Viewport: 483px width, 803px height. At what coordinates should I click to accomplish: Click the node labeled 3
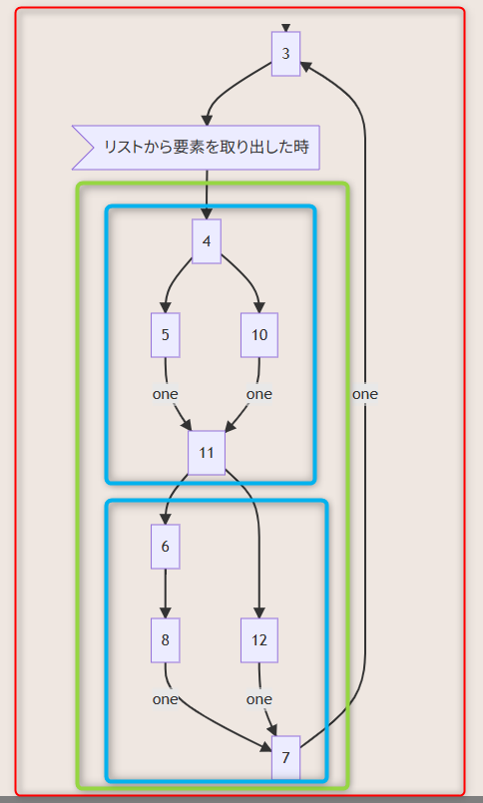pos(285,54)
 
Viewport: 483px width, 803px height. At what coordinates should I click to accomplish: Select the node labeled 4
pos(207,241)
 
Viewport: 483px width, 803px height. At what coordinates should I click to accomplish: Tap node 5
pos(165,335)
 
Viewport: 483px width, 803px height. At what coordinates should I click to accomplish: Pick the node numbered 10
pos(259,335)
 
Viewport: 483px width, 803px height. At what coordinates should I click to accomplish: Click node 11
pos(207,453)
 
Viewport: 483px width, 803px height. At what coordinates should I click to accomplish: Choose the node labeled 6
pos(165,547)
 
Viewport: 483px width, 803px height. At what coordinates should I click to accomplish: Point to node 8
pos(165,640)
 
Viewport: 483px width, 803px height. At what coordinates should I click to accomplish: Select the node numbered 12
pos(259,640)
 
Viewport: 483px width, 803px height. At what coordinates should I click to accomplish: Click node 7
pos(285,758)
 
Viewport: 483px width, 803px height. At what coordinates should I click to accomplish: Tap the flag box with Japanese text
pos(197,148)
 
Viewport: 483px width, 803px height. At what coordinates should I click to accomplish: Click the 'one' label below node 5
pos(165,394)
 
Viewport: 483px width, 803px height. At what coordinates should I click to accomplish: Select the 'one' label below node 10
pos(259,394)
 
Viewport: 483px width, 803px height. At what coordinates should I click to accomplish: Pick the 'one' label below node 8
pos(165,699)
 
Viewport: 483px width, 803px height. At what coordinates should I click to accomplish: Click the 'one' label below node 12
pos(259,699)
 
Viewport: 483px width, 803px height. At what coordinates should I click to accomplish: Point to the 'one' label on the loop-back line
pos(364,394)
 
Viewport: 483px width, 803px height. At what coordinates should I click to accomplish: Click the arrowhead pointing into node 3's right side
pos(305,66)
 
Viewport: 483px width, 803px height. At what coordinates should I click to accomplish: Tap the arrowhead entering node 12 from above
pos(259,613)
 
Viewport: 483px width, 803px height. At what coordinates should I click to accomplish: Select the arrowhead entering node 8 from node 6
pos(165,613)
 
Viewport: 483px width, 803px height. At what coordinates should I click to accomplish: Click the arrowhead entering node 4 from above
pos(207,214)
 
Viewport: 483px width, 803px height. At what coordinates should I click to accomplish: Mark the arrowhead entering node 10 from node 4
pos(259,308)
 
